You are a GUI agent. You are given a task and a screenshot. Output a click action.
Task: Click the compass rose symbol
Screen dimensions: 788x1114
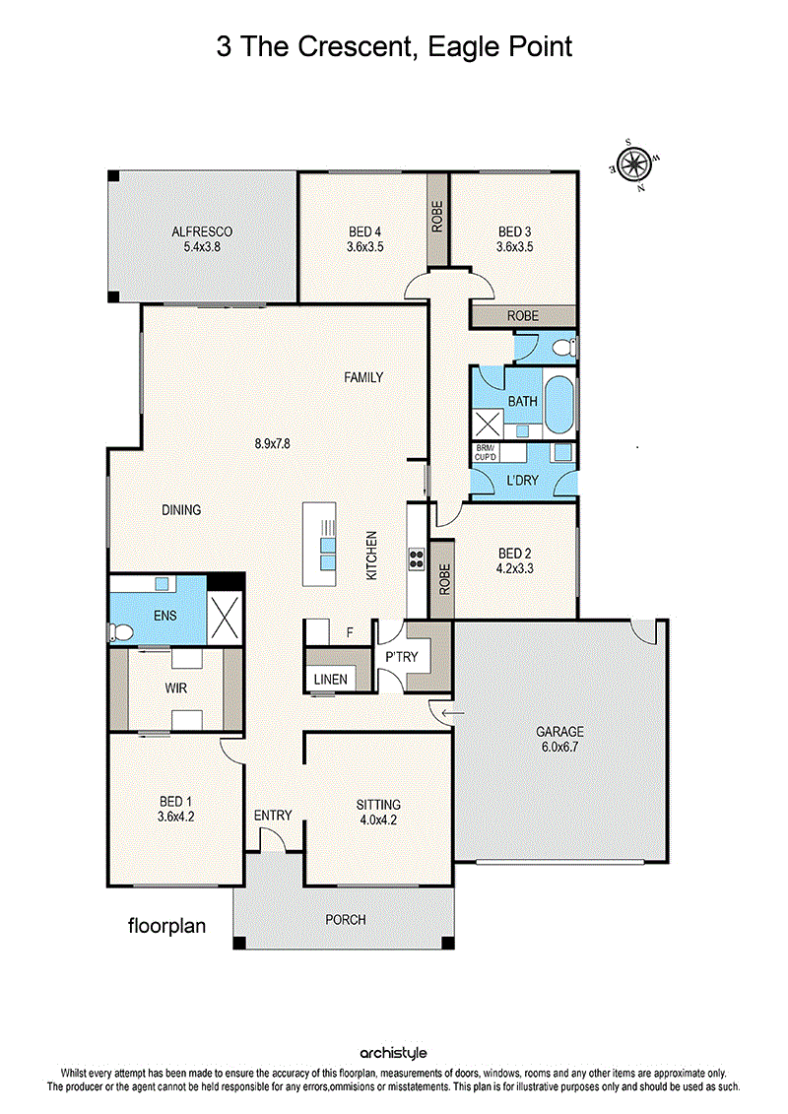(x=631, y=165)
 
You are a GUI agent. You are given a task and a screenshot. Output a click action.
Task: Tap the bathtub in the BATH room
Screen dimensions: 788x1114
(x=558, y=404)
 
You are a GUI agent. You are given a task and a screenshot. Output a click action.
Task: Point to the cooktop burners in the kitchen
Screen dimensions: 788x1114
(x=417, y=558)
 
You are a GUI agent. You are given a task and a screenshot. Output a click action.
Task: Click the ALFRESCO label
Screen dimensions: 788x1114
(x=202, y=231)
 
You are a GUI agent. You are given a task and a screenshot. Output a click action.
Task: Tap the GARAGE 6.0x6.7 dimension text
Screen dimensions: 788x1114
(x=559, y=747)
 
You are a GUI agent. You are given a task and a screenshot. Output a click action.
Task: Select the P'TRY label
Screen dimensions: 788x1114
(x=402, y=656)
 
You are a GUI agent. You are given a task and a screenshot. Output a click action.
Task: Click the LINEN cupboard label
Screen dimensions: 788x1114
(x=330, y=680)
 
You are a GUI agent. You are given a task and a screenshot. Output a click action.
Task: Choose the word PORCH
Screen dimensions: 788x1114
(x=346, y=919)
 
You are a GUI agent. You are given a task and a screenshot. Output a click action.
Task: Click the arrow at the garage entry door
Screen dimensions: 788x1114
(x=453, y=712)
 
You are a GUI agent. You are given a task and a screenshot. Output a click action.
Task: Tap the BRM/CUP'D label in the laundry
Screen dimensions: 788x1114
(x=486, y=452)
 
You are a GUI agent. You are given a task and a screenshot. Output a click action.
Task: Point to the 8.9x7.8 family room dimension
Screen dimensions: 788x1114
(x=272, y=443)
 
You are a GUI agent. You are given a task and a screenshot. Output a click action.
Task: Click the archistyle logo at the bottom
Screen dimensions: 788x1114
(x=393, y=1053)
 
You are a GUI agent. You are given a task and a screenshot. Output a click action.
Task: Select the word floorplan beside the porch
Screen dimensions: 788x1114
(x=167, y=926)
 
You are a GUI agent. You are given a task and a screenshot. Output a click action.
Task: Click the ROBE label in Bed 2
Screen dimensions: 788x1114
(x=445, y=579)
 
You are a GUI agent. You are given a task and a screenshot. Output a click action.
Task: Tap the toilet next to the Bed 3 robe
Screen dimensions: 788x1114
(x=564, y=348)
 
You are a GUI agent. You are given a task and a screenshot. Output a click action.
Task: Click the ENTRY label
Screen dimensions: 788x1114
(x=273, y=815)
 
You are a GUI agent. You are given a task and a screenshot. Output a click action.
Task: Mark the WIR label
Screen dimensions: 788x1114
(x=175, y=688)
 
